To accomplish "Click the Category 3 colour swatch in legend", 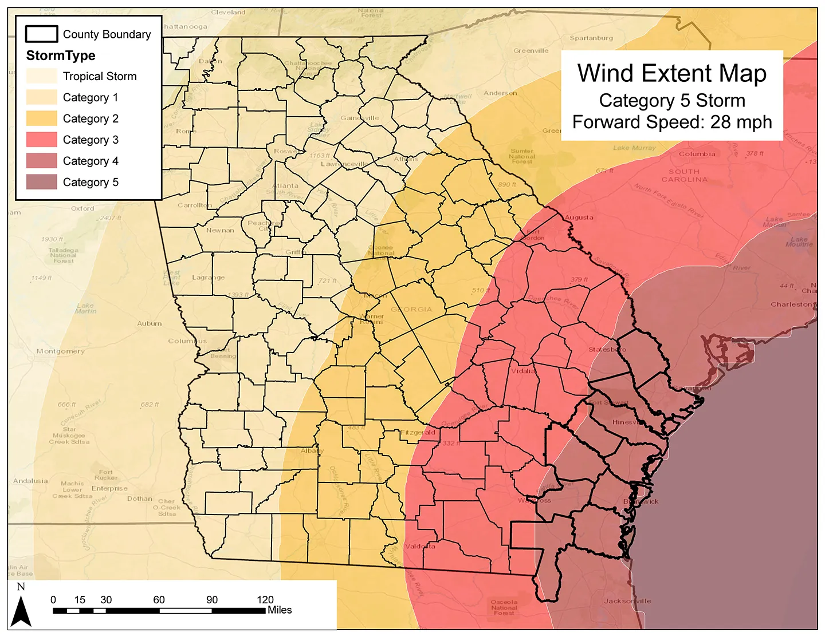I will click(42, 140).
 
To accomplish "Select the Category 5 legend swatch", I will click(42, 182).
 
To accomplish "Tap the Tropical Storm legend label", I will click(100, 76).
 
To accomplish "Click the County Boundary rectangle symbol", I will click(42, 34).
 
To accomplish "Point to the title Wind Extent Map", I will click(671, 74).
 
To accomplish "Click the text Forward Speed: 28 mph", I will click(671, 122).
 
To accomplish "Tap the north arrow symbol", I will click(21, 611).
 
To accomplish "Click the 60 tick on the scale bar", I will click(159, 600).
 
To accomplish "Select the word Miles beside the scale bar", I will click(280, 610).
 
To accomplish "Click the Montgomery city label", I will click(60, 351).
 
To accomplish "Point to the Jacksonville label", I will click(627, 601).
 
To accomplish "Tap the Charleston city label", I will click(791, 304).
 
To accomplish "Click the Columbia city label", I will click(697, 154).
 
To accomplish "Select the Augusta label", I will click(579, 217).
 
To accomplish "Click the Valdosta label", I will click(420, 547).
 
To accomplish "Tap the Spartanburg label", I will click(591, 38).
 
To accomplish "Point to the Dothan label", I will click(140, 498).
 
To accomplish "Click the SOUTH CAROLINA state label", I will click(684, 176).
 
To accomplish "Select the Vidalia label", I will click(523, 371).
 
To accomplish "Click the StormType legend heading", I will click(61, 56).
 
